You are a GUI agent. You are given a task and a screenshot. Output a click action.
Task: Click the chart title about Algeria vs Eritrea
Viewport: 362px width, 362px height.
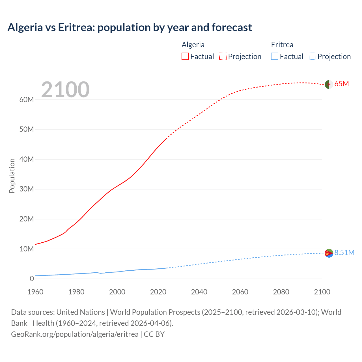(130, 27)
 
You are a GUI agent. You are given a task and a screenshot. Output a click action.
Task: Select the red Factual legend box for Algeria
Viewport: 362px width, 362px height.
(185, 56)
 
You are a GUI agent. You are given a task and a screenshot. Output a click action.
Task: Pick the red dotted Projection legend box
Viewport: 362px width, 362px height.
(223, 56)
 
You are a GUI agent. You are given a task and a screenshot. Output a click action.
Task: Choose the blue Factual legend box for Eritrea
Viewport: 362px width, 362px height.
(275, 56)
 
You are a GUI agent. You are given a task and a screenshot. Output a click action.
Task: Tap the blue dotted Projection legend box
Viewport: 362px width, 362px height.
(313, 56)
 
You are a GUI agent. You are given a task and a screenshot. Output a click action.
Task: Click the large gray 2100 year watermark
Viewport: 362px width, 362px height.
(65, 90)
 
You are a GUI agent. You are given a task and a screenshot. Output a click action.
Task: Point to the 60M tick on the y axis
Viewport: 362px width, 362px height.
(27, 100)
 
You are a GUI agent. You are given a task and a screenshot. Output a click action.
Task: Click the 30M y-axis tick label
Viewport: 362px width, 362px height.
(27, 189)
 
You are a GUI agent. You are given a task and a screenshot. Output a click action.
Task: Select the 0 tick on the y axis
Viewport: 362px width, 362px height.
(32, 279)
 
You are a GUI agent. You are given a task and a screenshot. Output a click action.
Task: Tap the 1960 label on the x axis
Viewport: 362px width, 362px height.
(35, 292)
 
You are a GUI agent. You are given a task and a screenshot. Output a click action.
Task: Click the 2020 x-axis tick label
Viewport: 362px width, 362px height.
(158, 292)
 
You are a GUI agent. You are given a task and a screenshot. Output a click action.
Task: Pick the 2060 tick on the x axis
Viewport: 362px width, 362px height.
(240, 292)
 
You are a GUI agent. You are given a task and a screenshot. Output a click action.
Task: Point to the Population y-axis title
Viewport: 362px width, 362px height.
(12, 176)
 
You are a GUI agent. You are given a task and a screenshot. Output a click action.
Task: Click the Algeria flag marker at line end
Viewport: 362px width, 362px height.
(329, 84)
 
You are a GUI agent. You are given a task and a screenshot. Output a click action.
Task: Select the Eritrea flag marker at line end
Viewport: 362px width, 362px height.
(329, 253)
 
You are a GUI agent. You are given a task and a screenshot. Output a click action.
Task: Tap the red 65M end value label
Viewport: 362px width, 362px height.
(342, 84)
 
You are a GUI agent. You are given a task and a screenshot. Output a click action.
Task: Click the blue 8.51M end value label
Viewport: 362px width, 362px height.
(344, 253)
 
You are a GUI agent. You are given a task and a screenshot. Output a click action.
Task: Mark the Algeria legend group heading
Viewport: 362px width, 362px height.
(193, 45)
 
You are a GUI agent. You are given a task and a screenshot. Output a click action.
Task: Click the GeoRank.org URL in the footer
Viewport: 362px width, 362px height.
(75, 334)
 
